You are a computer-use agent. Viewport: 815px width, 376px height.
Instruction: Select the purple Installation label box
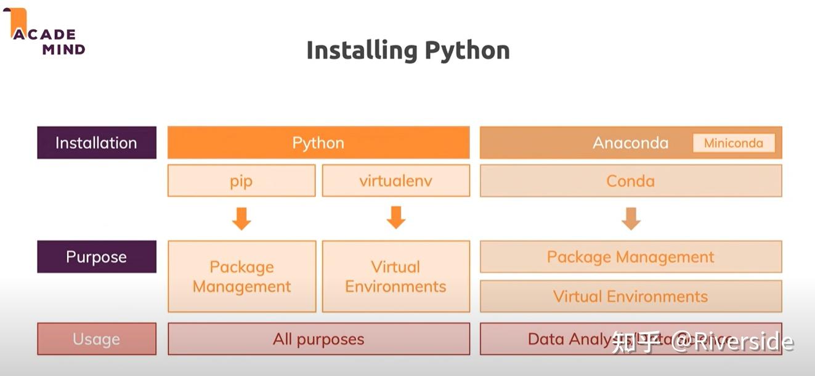(x=97, y=143)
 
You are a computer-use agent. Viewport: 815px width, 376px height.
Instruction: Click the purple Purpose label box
(x=97, y=257)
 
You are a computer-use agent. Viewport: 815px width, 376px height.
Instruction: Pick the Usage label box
(x=97, y=339)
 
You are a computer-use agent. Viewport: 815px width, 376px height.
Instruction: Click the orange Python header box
(x=318, y=143)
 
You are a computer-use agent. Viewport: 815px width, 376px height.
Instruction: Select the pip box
(x=241, y=181)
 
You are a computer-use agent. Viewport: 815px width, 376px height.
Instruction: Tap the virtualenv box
(x=395, y=181)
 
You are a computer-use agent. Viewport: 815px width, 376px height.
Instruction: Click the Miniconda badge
(x=733, y=143)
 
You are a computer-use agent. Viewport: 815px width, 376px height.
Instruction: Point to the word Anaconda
(x=630, y=143)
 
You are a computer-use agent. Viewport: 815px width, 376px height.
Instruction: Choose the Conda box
(x=630, y=181)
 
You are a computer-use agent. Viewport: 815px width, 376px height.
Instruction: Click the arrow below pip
(x=241, y=218)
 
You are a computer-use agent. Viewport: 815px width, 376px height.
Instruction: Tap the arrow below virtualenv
(x=395, y=218)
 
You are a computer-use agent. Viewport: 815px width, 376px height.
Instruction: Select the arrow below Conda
(x=630, y=218)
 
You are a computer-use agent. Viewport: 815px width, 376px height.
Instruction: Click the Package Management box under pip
(x=241, y=276)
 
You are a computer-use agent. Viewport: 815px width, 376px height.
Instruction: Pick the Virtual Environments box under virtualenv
(x=395, y=276)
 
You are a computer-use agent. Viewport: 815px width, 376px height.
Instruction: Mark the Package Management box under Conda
(x=630, y=257)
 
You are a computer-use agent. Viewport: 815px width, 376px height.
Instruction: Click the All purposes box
(x=318, y=339)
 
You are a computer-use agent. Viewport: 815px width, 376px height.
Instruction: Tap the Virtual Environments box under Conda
(x=630, y=296)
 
